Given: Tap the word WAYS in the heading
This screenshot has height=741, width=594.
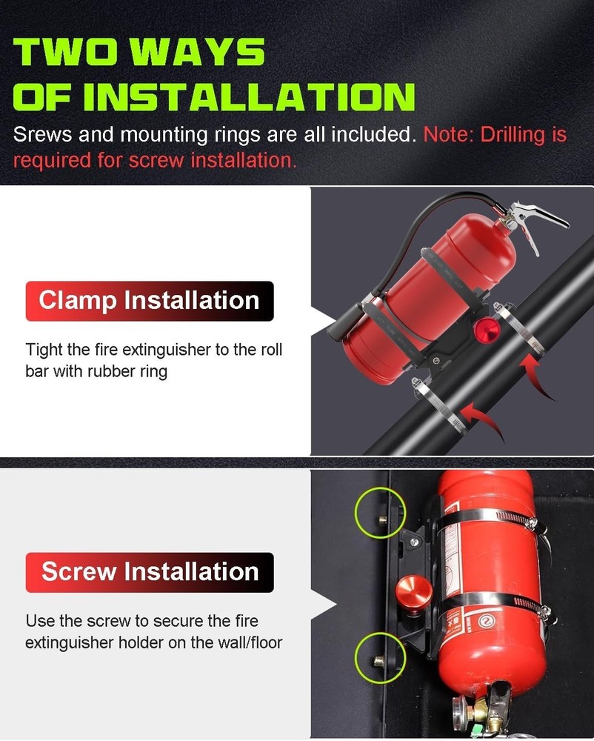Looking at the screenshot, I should (215, 53).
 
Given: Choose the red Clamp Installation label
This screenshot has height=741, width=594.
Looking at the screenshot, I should (150, 301).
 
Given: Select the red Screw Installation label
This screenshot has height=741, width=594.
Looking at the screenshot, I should (150, 572).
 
